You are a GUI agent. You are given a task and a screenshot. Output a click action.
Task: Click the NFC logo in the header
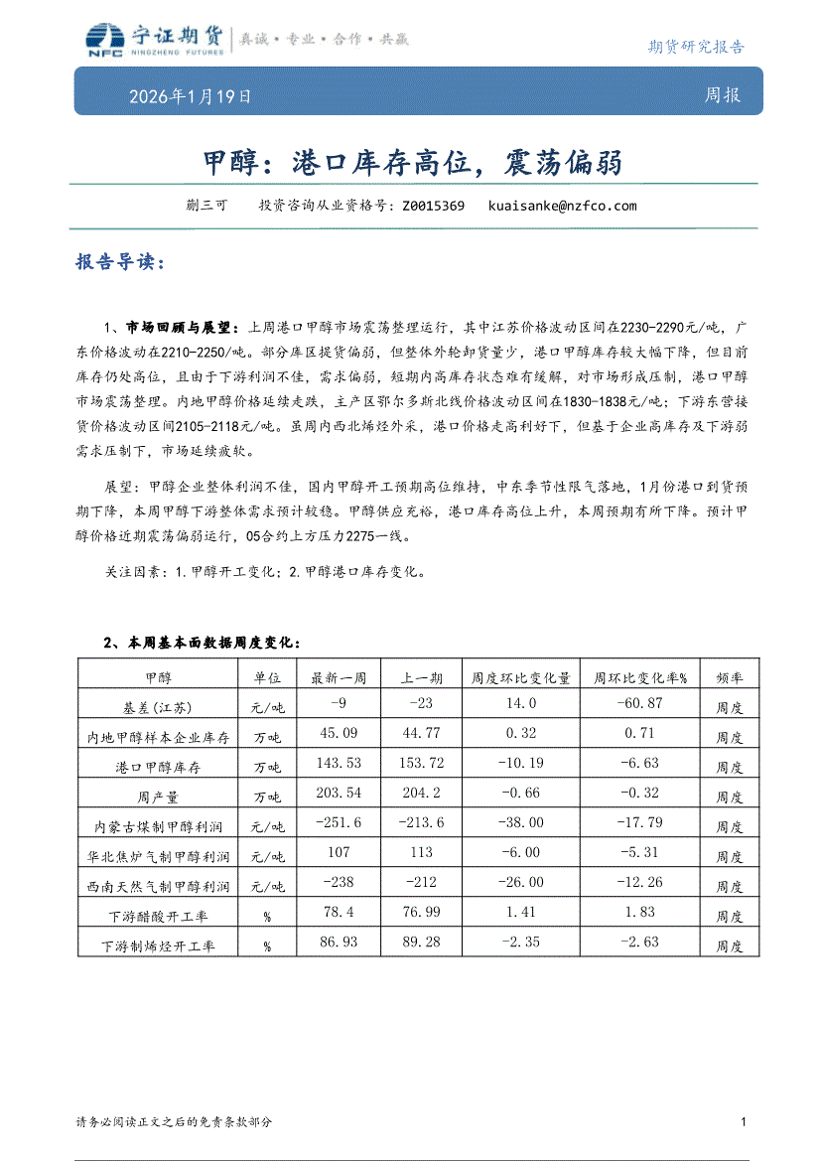[x=101, y=39]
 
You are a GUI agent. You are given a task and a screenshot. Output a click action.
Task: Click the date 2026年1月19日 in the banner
[x=190, y=96]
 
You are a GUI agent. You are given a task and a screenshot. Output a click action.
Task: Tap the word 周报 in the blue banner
[x=722, y=95]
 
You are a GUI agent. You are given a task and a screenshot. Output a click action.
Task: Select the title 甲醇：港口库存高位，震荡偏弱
[x=412, y=162]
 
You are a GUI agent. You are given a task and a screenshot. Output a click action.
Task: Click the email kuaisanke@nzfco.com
[x=562, y=207]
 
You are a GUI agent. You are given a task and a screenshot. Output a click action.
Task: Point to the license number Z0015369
[x=433, y=207]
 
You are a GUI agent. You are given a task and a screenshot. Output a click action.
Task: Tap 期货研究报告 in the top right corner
[x=695, y=46]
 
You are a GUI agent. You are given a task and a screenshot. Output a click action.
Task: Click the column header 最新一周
[x=339, y=678]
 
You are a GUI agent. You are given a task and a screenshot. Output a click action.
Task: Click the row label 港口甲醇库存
[x=158, y=768]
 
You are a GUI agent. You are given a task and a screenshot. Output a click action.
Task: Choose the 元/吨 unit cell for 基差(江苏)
[x=267, y=708]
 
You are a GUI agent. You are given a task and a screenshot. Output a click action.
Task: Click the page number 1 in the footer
[x=744, y=1121]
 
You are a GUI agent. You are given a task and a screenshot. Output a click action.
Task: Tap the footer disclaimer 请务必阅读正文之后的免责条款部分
[x=174, y=1121]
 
